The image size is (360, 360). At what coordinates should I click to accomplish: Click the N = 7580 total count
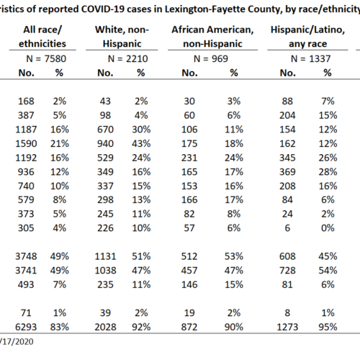click(x=46, y=59)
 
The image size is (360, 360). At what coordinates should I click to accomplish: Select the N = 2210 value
click(x=128, y=59)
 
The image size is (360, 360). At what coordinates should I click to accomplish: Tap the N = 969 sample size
click(x=211, y=59)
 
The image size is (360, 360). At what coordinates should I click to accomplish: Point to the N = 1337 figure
click(x=311, y=59)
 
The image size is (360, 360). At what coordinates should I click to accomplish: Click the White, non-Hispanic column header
click(x=122, y=37)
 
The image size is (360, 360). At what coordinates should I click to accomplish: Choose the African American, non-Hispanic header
click(x=212, y=37)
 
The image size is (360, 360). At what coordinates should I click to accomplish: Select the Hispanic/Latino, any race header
click(x=307, y=37)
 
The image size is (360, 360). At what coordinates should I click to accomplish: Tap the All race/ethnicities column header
click(x=42, y=37)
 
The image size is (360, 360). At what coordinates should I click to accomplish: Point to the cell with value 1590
click(x=26, y=144)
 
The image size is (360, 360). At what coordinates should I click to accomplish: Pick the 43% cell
click(x=141, y=144)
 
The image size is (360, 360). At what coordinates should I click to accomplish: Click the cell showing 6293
click(x=26, y=327)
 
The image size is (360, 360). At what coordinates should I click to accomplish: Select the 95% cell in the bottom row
click(x=328, y=327)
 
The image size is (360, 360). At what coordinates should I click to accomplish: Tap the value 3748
click(x=26, y=256)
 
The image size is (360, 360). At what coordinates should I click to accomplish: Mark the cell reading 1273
click(x=287, y=327)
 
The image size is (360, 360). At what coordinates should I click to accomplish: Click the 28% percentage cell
click(x=328, y=172)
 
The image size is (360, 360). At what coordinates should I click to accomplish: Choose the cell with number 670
click(x=105, y=130)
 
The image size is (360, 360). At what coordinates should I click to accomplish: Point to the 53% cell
click(x=234, y=256)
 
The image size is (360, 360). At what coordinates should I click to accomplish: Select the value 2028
click(x=105, y=327)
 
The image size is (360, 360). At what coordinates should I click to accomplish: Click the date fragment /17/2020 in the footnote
click(x=17, y=341)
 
